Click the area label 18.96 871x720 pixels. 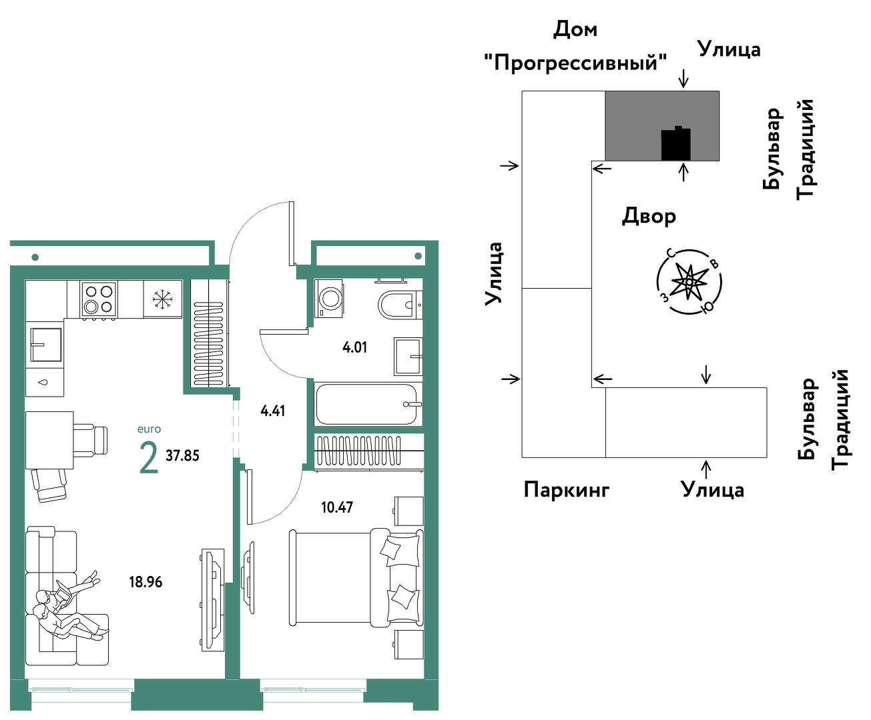tap(146, 582)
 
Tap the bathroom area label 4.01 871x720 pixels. tap(354, 347)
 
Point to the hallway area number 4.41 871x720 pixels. tap(273, 411)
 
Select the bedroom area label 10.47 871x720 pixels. tap(337, 507)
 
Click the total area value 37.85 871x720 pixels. tap(182, 455)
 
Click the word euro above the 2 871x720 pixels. tap(149, 429)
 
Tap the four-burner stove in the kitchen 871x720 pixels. tap(99, 299)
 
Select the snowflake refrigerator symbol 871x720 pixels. tap(163, 299)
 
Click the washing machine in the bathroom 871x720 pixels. tap(328, 299)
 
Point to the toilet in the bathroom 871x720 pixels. tap(400, 305)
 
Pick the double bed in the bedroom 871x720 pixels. tap(356, 577)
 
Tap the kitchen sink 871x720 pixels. tap(45, 345)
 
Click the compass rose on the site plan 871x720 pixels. tap(689, 282)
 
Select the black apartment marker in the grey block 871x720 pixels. tap(675, 143)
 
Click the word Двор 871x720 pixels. tap(649, 217)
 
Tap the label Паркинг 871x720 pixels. tap(567, 489)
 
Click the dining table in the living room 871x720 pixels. tap(49, 440)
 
